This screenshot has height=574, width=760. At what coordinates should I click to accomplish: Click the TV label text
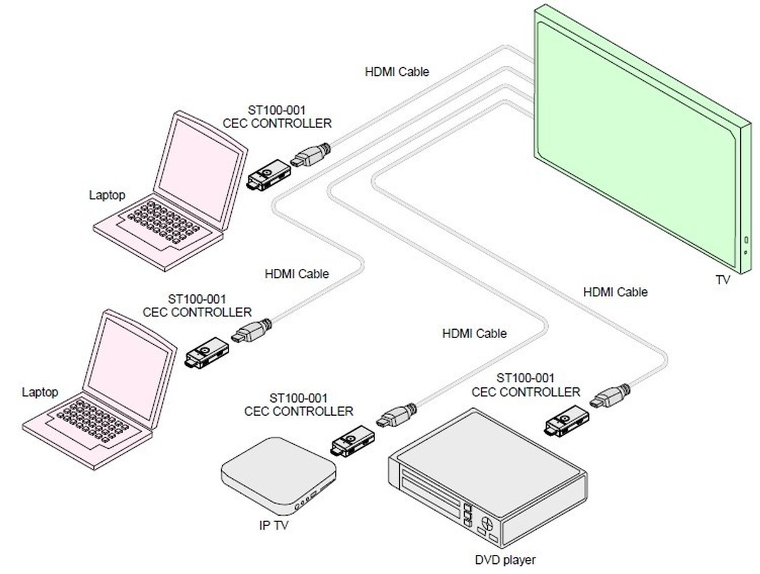[x=723, y=279]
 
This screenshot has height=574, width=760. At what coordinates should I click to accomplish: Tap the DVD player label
[x=505, y=559]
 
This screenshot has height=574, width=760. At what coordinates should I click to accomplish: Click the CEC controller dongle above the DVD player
[x=566, y=422]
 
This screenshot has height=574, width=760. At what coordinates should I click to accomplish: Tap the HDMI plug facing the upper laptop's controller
[x=310, y=155]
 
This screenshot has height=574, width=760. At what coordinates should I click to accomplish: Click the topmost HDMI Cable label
[x=396, y=72]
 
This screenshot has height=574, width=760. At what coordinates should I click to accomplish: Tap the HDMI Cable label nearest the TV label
[x=615, y=292]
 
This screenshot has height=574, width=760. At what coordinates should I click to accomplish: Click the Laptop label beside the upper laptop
[x=107, y=195]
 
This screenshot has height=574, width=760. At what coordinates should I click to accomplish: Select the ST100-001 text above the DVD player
[x=525, y=378]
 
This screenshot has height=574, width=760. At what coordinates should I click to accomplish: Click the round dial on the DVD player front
[x=488, y=524]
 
